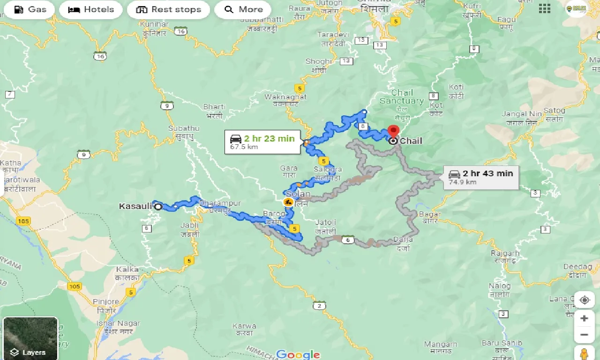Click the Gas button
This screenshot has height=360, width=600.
point(30,9)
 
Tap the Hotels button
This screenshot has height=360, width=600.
point(91,9)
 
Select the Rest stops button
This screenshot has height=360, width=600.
point(168,9)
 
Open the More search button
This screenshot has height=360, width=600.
point(243,9)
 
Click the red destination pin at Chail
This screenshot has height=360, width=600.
point(393,131)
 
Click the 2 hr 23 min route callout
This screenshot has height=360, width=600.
point(262,142)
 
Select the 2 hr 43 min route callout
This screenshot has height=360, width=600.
point(481,177)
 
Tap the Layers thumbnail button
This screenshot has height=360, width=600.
point(30,338)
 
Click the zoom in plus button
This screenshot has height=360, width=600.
point(584,318)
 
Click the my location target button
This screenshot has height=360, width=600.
point(584,300)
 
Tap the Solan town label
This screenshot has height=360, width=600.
point(298,194)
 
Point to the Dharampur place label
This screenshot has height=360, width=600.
point(220,203)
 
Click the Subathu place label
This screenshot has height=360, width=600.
point(184,128)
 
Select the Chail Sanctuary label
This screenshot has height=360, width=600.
point(402,97)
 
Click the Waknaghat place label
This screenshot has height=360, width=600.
point(285,97)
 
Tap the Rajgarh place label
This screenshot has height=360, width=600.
point(505,253)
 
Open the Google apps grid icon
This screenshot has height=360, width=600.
point(544,8)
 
